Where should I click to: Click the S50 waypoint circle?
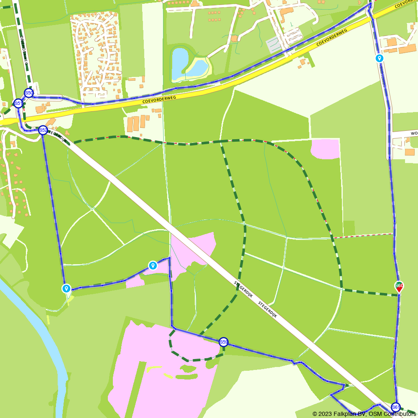(29, 93)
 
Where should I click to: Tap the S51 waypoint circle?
(18, 103)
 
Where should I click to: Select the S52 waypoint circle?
(43, 130)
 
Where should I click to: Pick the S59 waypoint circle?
(224, 342)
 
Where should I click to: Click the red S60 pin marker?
(399, 286)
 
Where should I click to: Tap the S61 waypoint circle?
(395, 407)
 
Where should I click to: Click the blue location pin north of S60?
(380, 58)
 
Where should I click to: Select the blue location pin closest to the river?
(66, 288)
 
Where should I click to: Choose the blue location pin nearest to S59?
(153, 265)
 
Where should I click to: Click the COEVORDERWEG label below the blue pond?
(159, 99)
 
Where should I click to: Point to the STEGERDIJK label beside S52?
(57, 136)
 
